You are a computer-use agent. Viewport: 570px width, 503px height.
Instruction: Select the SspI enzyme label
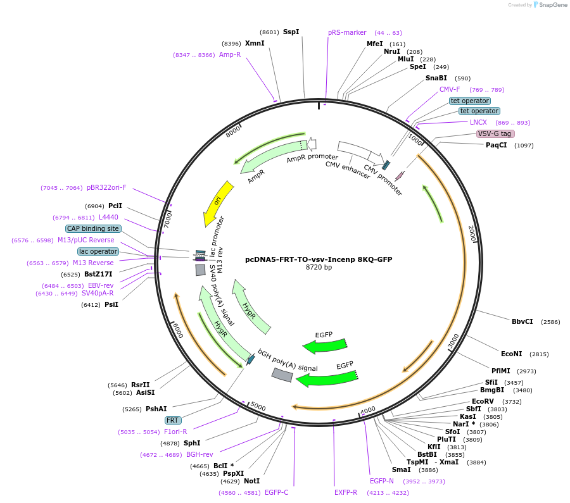pos(291,32)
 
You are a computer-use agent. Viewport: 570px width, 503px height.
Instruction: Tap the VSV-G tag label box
pos(495,134)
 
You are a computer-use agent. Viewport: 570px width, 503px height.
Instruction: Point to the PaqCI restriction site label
pos(497,146)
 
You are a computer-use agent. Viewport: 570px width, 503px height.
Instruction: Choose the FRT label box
pos(172,420)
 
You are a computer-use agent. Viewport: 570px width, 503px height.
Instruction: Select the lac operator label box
pos(98,251)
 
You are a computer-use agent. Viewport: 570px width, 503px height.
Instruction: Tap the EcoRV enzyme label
pos(483,401)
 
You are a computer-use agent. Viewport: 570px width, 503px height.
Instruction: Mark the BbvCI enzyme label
pos(522,321)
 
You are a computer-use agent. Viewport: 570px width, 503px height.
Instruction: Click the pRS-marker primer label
pos(347,32)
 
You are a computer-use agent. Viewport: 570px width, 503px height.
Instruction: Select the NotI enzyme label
pos(251,481)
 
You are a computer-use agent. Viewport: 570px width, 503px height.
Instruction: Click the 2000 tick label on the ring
pos(471,233)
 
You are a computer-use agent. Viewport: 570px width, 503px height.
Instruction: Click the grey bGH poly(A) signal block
pos(282,375)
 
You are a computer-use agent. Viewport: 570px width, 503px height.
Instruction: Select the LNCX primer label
pos(478,122)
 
